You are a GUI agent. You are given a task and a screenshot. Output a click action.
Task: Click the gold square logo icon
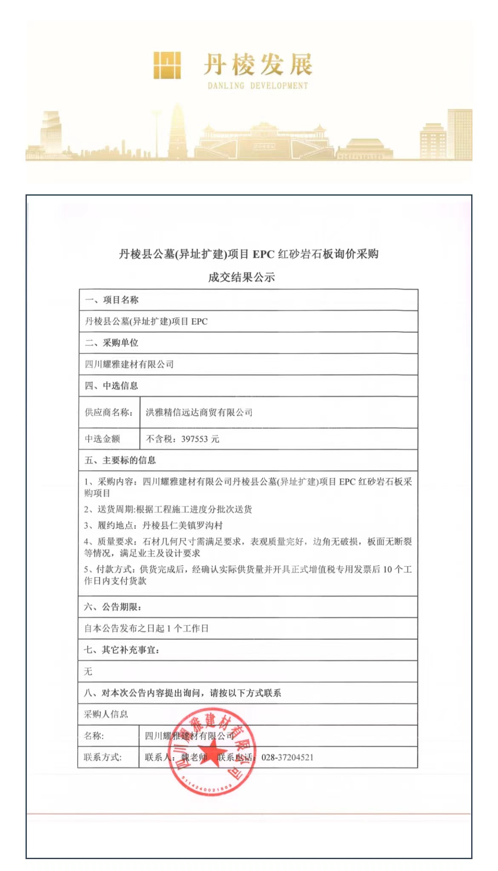(167, 65)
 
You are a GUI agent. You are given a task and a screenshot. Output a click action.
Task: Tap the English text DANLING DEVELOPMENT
(258, 86)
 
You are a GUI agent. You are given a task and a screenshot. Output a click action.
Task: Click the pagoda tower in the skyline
(177, 132)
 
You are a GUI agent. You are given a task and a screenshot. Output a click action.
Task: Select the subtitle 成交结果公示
(241, 278)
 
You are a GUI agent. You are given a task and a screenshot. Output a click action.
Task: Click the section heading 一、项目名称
(112, 300)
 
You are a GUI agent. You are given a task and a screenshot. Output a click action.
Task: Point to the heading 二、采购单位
(112, 343)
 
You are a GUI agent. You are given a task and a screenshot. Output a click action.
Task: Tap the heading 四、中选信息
(112, 386)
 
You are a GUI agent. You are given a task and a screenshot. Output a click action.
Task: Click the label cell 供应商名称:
(109, 413)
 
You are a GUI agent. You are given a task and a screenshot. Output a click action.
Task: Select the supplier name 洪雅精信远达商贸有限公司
(199, 413)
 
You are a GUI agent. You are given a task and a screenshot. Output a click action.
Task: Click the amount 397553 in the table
(194, 439)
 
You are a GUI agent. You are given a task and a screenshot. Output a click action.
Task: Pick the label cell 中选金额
(103, 439)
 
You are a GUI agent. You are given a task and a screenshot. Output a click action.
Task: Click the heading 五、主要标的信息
(120, 461)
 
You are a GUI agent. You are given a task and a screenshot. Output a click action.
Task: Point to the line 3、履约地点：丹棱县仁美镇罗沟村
(153, 526)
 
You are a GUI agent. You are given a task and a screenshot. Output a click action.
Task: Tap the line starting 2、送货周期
(168, 510)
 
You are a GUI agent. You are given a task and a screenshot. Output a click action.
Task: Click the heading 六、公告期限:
(113, 607)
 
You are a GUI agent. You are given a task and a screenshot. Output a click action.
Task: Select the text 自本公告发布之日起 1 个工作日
(146, 629)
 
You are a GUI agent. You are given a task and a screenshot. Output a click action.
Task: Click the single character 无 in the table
(88, 672)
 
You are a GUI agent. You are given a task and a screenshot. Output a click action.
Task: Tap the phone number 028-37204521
(287, 757)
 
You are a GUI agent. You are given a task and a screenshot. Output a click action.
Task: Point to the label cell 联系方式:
(103, 757)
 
